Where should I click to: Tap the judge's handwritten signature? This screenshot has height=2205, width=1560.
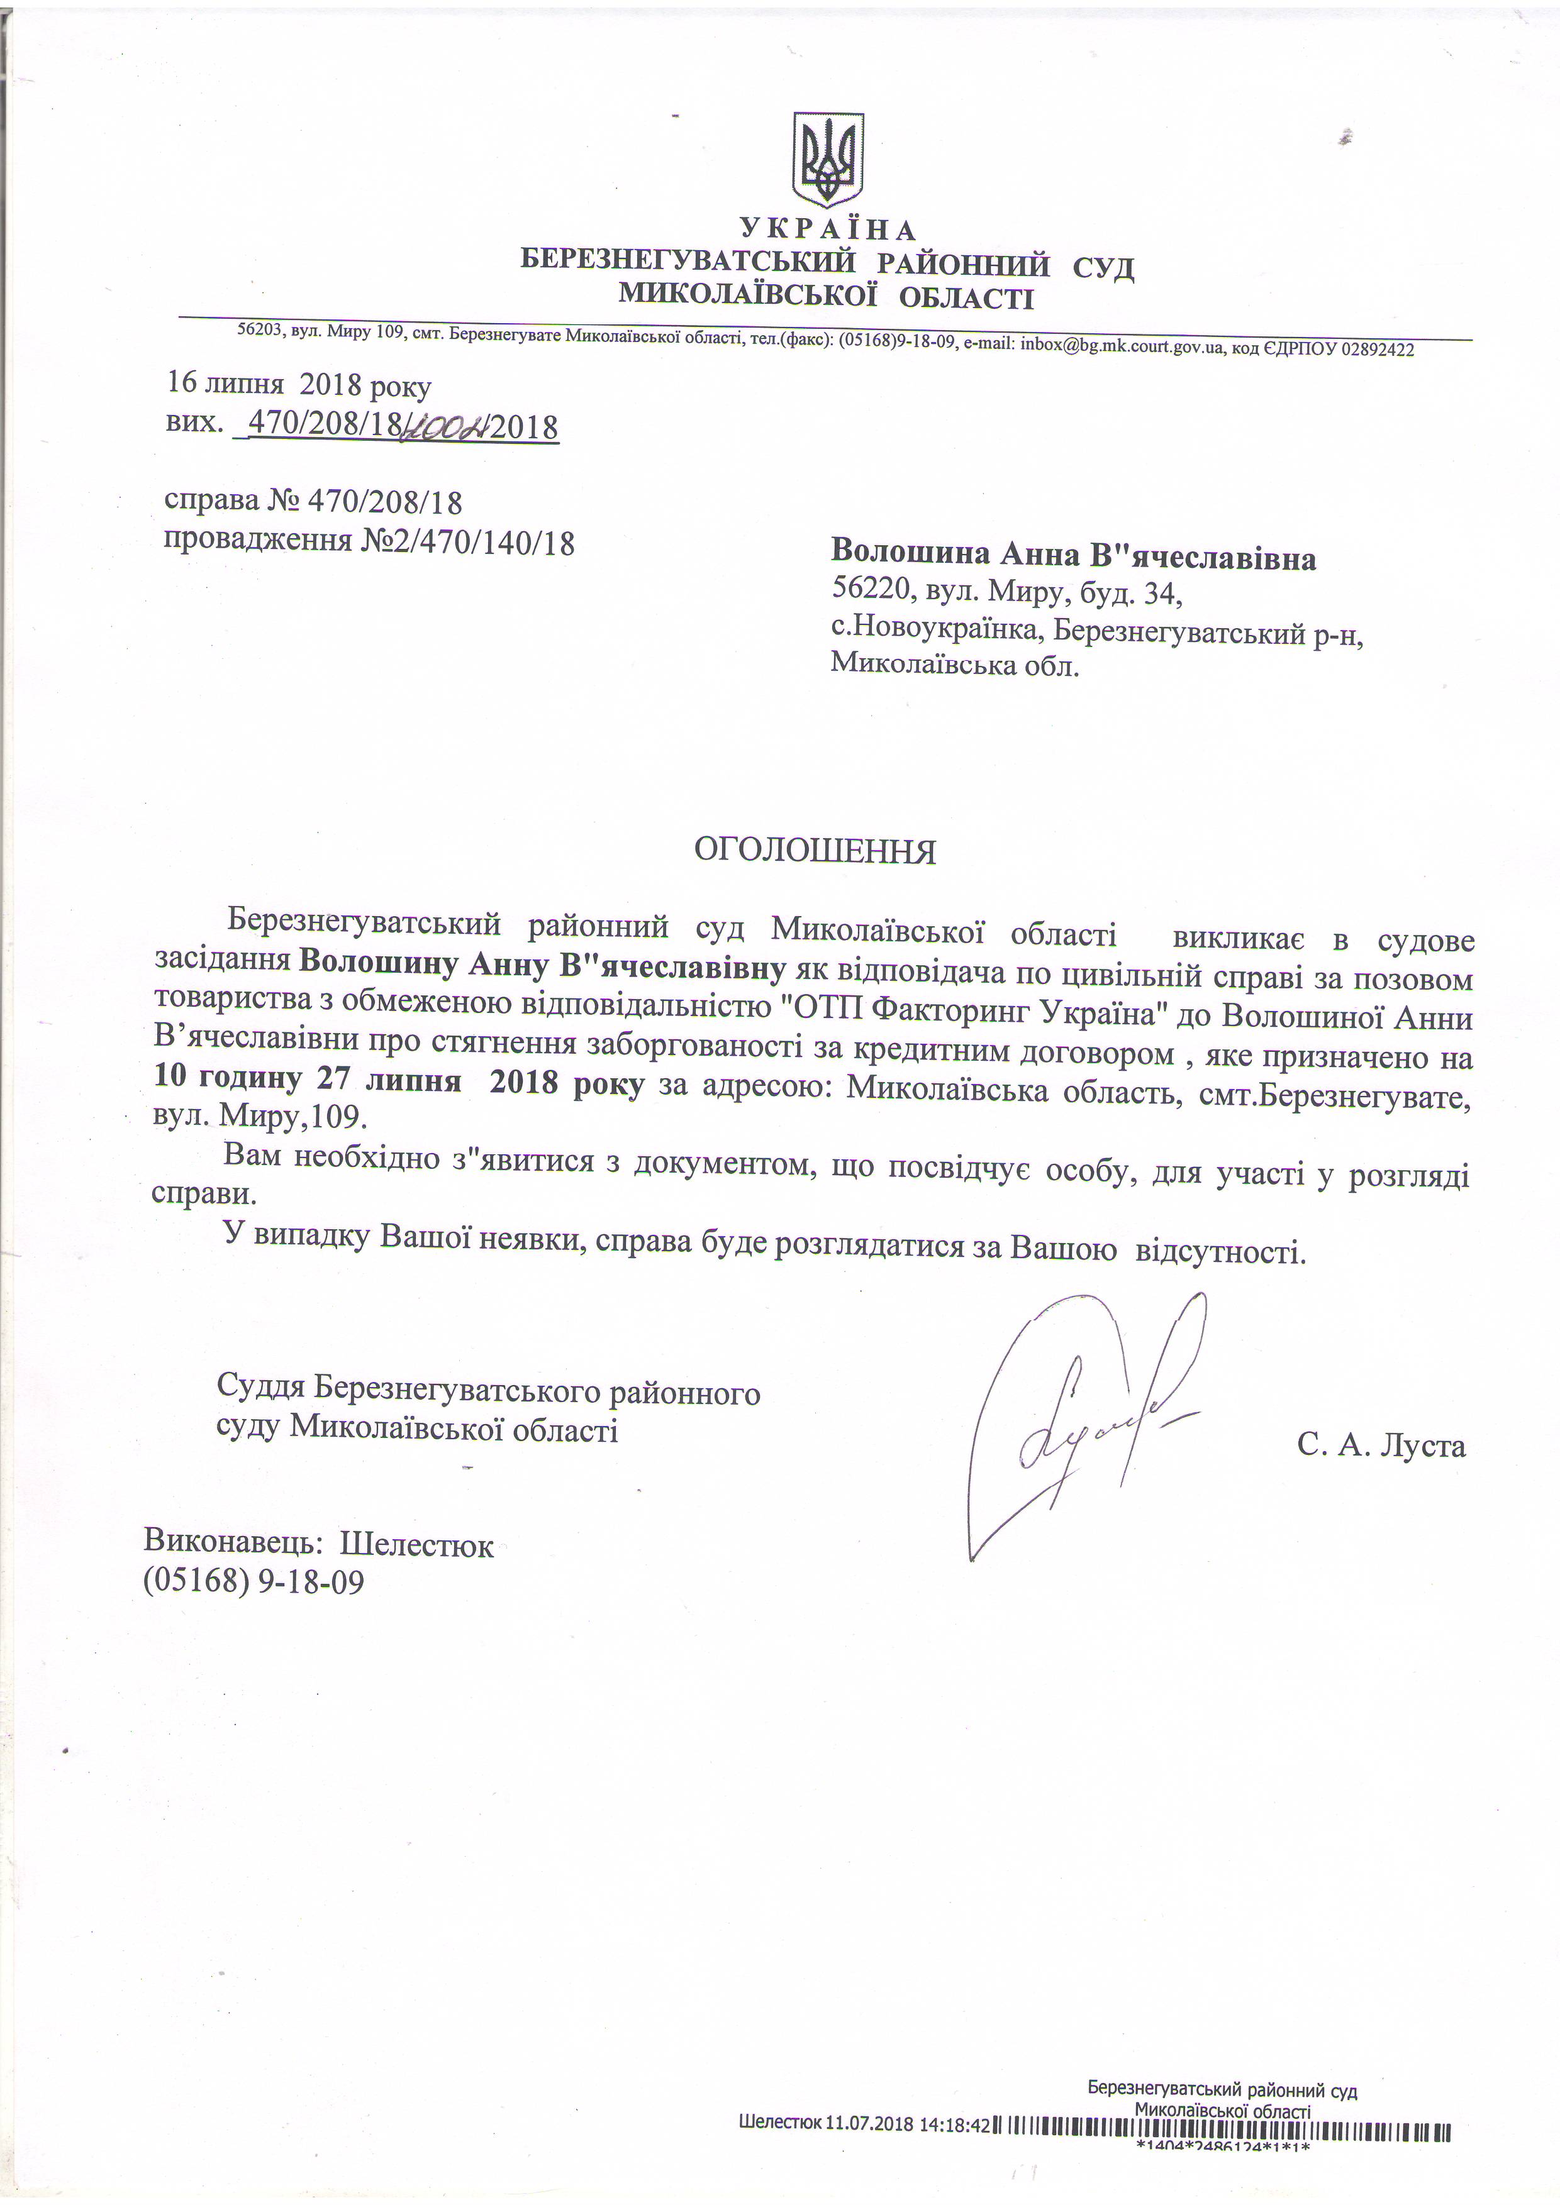(x=1086, y=1422)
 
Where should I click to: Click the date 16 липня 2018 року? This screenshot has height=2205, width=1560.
(x=299, y=386)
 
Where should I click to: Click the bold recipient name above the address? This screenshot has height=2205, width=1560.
(x=1073, y=557)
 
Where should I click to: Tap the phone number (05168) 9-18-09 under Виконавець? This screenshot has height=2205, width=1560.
(x=253, y=1581)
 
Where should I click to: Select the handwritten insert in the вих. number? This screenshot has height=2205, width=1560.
(x=445, y=426)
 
